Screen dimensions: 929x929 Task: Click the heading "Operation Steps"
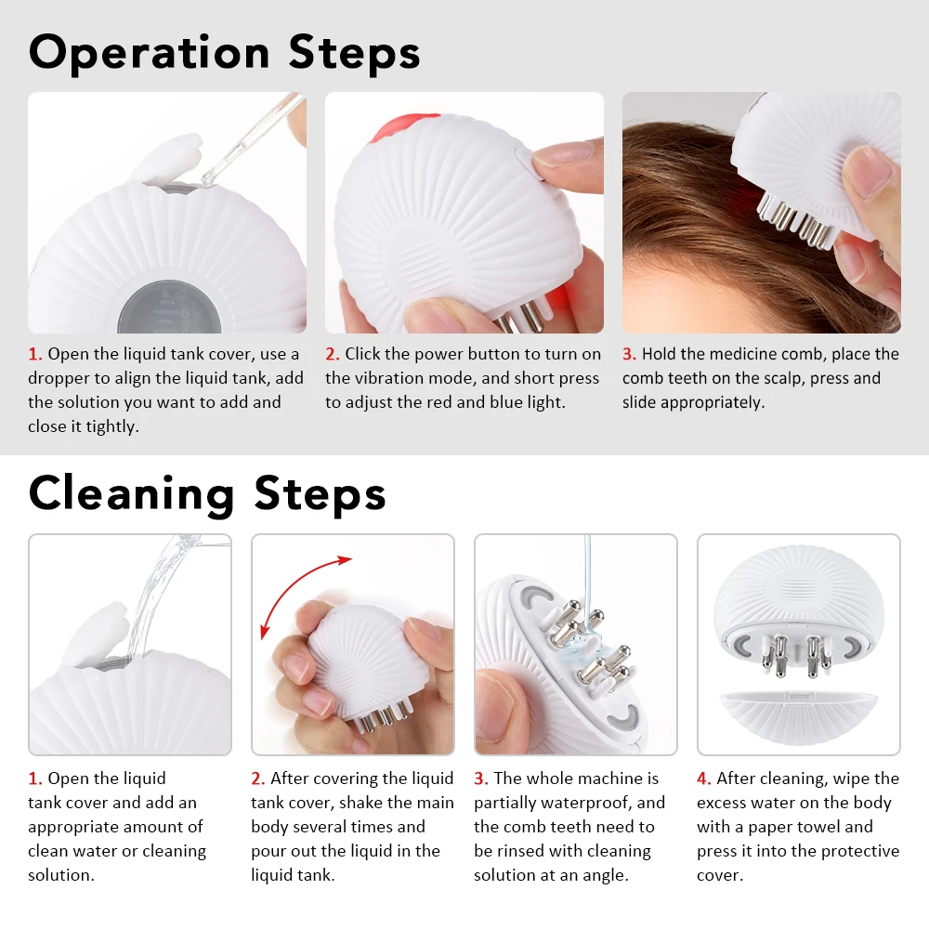point(224,53)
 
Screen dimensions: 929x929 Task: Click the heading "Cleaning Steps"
point(206,492)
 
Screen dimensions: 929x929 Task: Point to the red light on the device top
point(401,126)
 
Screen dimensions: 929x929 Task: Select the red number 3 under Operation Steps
point(629,354)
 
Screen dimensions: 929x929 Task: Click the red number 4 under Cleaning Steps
point(703,779)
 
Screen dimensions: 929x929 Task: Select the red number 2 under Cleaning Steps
point(257,779)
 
